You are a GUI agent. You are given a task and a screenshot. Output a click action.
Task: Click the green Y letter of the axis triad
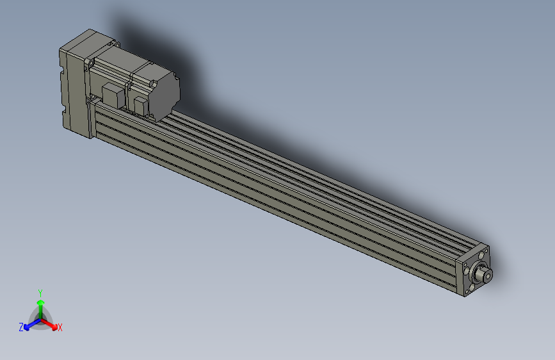(40, 292)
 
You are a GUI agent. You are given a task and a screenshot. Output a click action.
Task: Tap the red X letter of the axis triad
(60, 328)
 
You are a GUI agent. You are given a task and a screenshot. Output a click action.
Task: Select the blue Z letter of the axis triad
(21, 327)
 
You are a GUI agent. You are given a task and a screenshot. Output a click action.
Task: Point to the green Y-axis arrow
(40, 304)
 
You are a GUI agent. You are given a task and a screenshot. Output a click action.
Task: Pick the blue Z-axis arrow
(29, 324)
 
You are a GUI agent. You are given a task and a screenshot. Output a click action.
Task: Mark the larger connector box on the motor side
(113, 96)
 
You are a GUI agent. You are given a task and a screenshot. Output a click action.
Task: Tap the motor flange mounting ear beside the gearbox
(90, 64)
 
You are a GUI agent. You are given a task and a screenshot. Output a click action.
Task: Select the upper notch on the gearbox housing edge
(62, 74)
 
